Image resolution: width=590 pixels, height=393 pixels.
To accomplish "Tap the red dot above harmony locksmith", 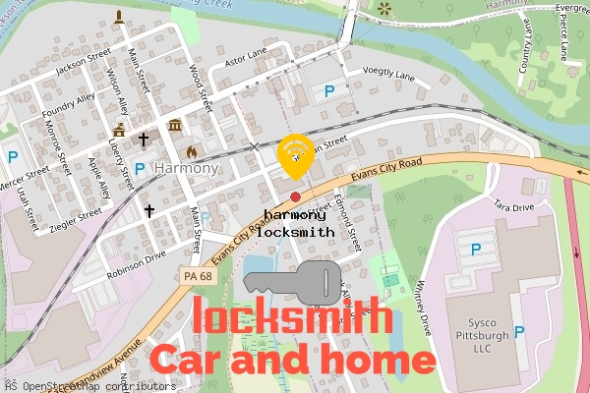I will click(295, 197).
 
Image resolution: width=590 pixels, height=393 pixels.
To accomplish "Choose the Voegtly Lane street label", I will click(389, 75).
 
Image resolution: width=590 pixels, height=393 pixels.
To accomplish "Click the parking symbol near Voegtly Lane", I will click(329, 91).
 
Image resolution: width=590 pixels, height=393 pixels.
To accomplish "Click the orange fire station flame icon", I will click(191, 152).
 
